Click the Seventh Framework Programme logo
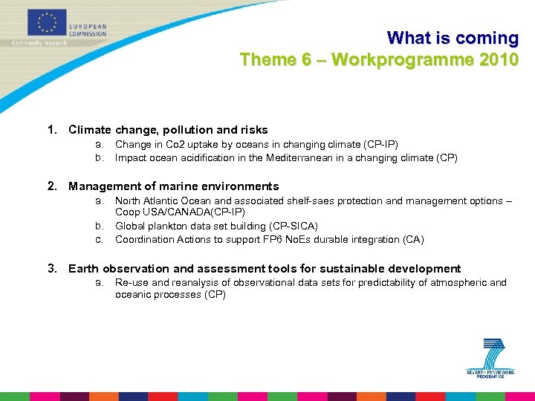pos(491,357)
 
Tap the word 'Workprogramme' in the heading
pos(401,59)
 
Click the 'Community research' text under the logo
pos(39,43)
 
